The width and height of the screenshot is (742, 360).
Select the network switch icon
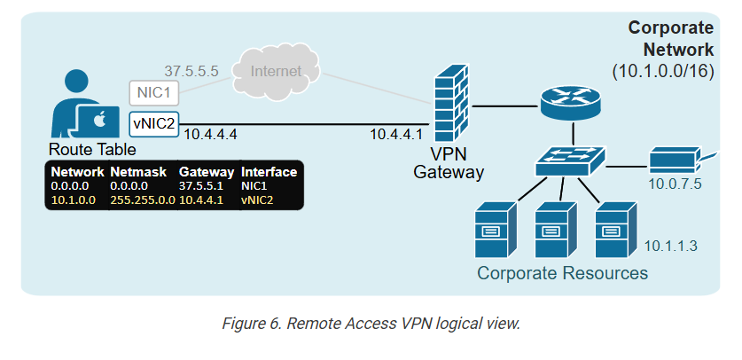click(x=569, y=160)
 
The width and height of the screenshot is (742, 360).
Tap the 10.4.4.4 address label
click(x=212, y=135)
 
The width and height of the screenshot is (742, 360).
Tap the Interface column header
click(x=269, y=171)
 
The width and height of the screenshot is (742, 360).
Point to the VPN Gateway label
click(x=449, y=162)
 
